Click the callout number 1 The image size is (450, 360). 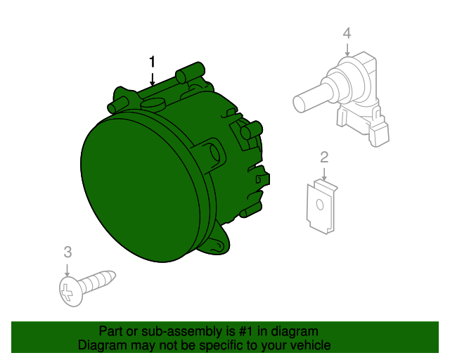[x=152, y=63]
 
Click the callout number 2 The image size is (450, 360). [x=324, y=157]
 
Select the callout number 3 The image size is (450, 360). [x=67, y=252]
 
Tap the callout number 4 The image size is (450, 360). [x=346, y=33]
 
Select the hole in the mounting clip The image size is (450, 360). [x=319, y=206]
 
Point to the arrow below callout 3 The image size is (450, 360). [x=67, y=268]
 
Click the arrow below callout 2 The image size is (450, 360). [x=324, y=173]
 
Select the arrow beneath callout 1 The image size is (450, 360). [x=152, y=79]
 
